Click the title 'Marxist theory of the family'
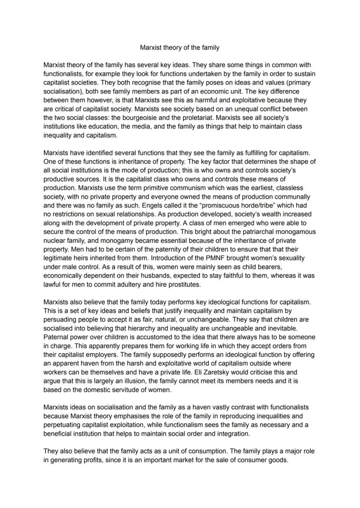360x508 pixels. click(180, 47)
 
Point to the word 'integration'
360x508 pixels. click(233, 434)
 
